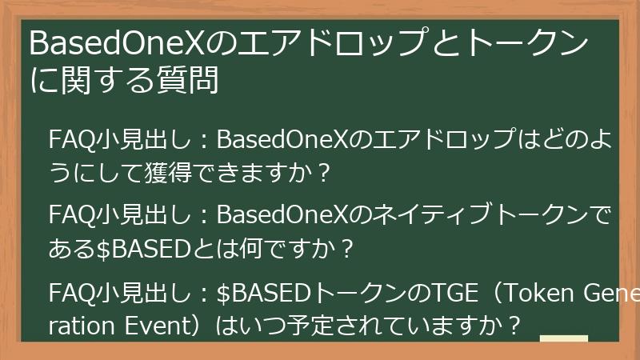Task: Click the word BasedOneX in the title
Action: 122,45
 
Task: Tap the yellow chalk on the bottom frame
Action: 564,339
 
